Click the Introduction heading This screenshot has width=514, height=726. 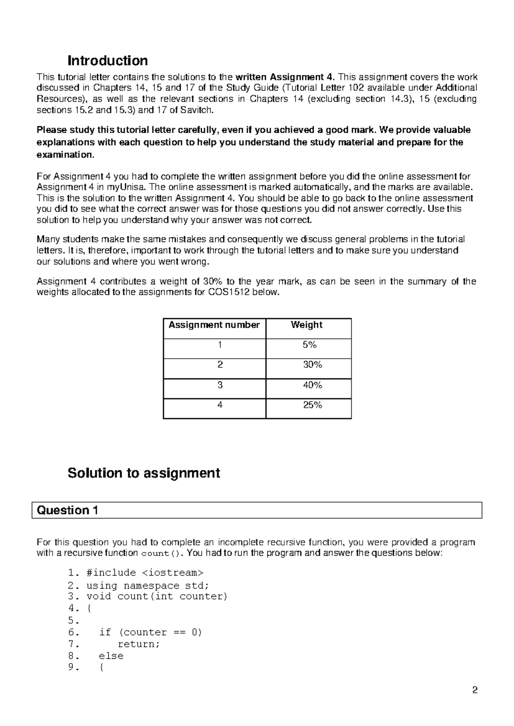pyautogui.click(x=108, y=60)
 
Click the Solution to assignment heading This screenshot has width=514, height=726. pyautogui.click(x=143, y=473)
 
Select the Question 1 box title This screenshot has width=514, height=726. pyautogui.click(x=68, y=510)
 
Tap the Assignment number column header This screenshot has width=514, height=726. pyautogui.click(x=214, y=325)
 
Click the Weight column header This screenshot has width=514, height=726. pyautogui.click(x=306, y=325)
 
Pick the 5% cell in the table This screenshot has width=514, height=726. pyautogui.click(x=309, y=345)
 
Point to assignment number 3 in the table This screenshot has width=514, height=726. pyautogui.click(x=220, y=385)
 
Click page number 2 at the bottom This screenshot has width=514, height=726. pyautogui.click(x=474, y=690)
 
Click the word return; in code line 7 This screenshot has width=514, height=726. pyautogui.click(x=138, y=644)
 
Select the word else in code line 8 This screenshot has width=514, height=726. pyautogui.click(x=111, y=656)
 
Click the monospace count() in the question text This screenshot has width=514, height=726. pyautogui.click(x=161, y=553)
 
